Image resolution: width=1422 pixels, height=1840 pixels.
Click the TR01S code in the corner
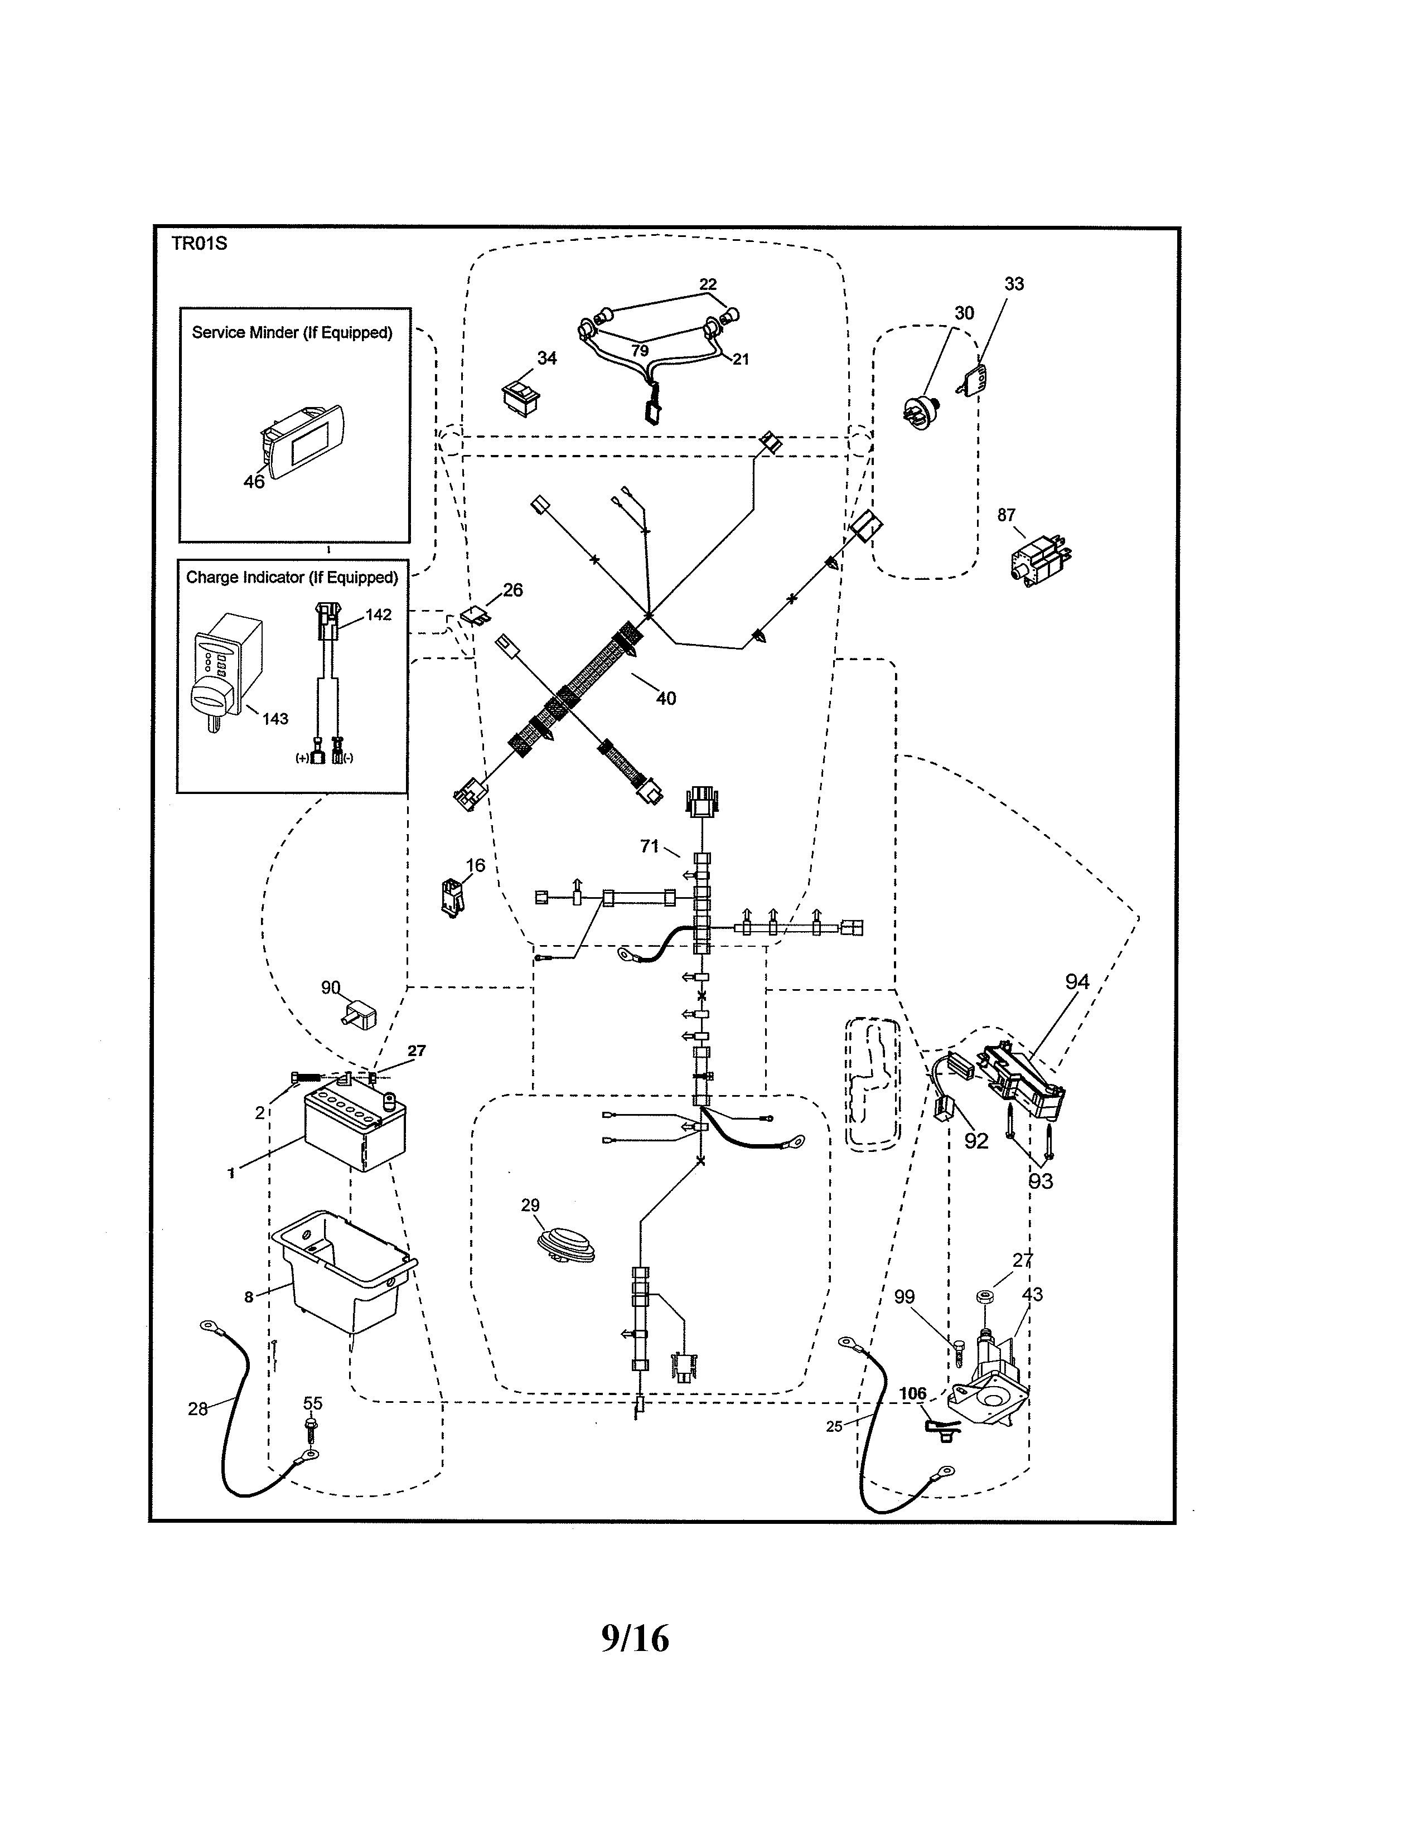[x=199, y=244]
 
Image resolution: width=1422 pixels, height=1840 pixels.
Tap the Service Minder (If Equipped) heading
[x=292, y=333]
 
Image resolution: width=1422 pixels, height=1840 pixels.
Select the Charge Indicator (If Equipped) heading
[x=292, y=578]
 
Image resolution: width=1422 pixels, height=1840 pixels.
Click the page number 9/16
[x=635, y=1639]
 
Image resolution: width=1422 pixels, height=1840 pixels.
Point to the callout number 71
[x=649, y=846]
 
